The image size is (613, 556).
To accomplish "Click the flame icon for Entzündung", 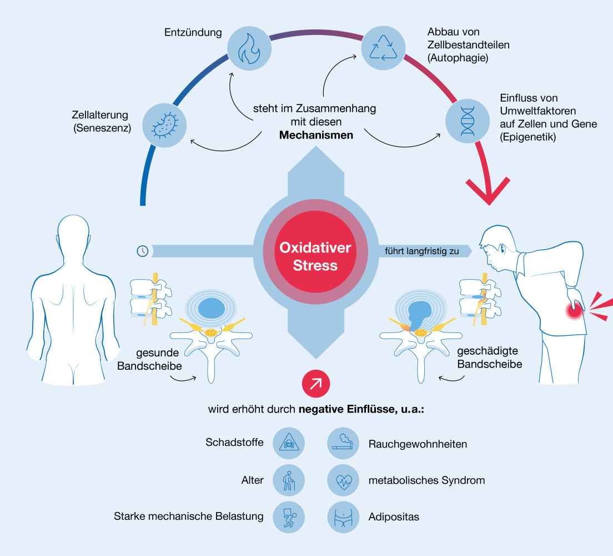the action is [x=249, y=48].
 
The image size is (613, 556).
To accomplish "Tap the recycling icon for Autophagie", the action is [x=383, y=48].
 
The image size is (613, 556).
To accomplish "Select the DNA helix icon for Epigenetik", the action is [x=468, y=121].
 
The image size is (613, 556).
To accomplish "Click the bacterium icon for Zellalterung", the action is [x=164, y=125].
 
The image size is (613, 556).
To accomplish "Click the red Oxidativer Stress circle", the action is [x=315, y=252].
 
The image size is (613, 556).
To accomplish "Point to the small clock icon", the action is [x=143, y=251].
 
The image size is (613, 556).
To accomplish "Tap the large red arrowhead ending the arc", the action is [x=488, y=191].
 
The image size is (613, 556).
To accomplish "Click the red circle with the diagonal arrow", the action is [x=316, y=384].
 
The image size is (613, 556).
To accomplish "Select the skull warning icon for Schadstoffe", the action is [x=289, y=443].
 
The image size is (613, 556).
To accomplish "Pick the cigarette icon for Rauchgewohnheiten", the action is [x=343, y=443].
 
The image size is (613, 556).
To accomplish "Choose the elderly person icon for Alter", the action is [x=289, y=480].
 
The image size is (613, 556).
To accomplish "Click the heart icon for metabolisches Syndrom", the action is [x=343, y=480].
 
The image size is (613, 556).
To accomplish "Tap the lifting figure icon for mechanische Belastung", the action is [x=289, y=517].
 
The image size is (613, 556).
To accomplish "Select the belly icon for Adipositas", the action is [x=343, y=517].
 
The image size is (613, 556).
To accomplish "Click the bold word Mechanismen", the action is [x=316, y=135].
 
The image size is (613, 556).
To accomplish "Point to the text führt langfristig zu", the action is [x=422, y=251].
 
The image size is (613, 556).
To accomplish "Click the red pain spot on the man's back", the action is [x=574, y=311].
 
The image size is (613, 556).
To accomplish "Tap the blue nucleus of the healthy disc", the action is [x=211, y=308].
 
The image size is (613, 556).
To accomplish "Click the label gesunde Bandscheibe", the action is [x=150, y=359].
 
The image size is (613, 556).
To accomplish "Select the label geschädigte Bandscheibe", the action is [x=490, y=358].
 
